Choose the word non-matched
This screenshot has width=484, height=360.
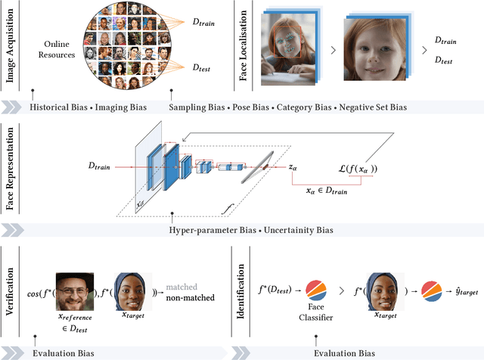(190, 298)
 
